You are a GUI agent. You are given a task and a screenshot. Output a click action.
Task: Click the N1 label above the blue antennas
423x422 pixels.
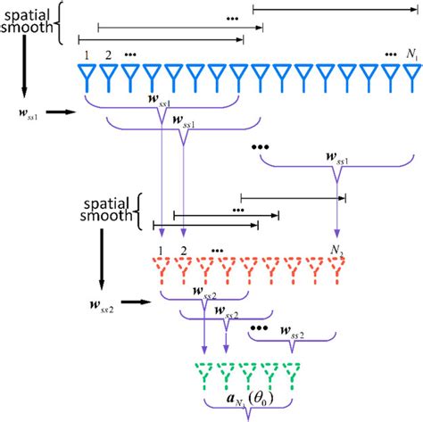pyautogui.click(x=411, y=54)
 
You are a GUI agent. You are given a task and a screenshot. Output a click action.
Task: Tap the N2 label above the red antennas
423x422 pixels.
pyautogui.click(x=336, y=250)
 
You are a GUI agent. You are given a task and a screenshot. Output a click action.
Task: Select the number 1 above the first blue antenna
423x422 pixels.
pyautogui.click(x=87, y=55)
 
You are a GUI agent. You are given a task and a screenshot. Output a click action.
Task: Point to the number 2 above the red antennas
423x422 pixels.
pyautogui.click(x=182, y=251)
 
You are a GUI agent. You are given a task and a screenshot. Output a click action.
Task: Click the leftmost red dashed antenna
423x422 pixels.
pyautogui.click(x=159, y=269)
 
